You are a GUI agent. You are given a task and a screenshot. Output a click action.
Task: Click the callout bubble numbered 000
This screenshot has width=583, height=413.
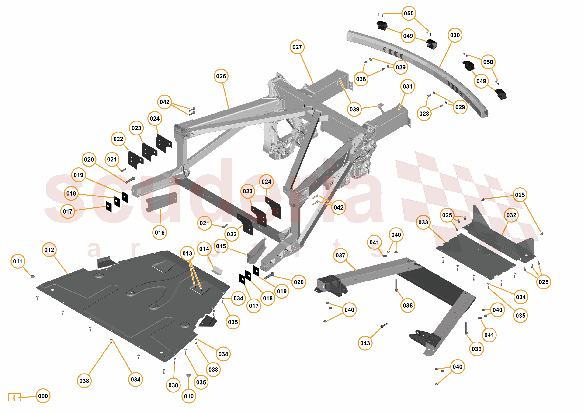[43, 396]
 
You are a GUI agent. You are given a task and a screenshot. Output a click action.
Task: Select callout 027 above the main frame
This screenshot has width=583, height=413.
[297, 47]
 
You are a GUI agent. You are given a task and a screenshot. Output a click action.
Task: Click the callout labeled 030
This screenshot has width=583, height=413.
[455, 35]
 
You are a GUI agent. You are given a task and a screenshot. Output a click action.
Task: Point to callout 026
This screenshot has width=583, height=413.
[221, 76]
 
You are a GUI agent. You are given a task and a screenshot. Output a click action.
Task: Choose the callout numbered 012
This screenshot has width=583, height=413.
[49, 250]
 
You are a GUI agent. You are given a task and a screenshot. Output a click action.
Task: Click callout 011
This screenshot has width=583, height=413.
[18, 261]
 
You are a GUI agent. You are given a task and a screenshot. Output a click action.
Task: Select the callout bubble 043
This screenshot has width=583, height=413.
[365, 343]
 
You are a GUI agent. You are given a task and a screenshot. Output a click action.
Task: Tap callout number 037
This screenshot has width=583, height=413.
[340, 255]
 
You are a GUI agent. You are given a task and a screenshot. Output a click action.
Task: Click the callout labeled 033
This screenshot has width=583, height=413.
[423, 222]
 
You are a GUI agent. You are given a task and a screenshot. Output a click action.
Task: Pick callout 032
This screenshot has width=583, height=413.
[511, 215]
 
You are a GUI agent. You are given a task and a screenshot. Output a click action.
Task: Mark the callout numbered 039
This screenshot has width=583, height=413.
[354, 109]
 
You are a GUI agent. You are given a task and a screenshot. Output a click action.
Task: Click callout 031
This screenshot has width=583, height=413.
[407, 86]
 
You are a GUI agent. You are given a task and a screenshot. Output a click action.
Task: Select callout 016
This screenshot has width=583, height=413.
[160, 232]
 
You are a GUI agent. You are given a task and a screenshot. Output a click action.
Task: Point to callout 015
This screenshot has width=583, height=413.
[221, 246]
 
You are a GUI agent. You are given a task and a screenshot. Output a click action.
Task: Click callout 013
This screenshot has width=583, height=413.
[187, 253]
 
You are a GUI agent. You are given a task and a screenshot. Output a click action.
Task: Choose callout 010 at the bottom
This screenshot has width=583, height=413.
[189, 396]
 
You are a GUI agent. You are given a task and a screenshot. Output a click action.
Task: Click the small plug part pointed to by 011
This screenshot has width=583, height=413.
[32, 276]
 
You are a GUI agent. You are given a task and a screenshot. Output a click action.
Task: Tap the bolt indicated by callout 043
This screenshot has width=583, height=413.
[384, 325]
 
